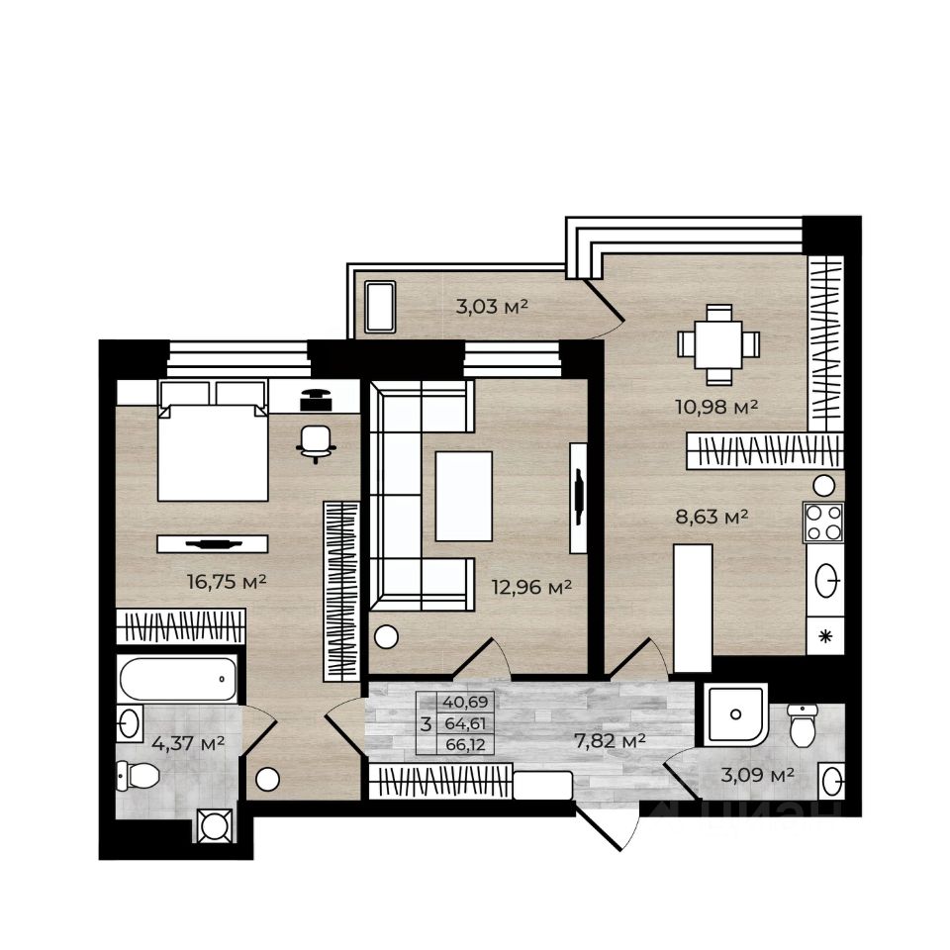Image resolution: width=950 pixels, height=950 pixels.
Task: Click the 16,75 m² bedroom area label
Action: [x=228, y=582]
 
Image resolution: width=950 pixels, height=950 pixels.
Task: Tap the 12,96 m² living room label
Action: [x=532, y=587]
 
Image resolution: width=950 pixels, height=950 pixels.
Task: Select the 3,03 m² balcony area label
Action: [x=492, y=307]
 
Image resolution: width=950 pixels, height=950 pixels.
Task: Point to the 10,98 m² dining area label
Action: [x=716, y=407]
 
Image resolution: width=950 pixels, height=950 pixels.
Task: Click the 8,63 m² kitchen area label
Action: [x=712, y=517]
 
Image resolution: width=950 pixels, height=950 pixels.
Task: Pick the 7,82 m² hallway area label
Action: [x=610, y=740]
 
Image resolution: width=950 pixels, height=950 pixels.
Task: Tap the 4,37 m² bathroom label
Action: [x=188, y=743]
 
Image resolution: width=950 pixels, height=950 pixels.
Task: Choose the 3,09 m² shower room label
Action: [x=757, y=774]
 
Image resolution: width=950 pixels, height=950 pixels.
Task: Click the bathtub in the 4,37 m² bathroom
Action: [x=178, y=679]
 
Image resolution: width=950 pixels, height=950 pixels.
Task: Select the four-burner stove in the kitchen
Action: [x=823, y=522]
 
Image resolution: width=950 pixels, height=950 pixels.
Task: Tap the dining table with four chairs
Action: [x=718, y=344]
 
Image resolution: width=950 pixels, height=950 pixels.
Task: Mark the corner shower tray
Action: [x=735, y=714]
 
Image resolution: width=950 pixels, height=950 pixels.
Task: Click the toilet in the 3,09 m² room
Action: [x=803, y=725]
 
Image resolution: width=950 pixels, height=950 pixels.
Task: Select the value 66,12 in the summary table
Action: [x=465, y=744]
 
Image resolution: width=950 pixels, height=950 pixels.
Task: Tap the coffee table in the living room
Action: [x=463, y=496]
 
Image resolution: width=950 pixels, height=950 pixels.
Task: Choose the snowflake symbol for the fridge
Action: [x=824, y=636]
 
